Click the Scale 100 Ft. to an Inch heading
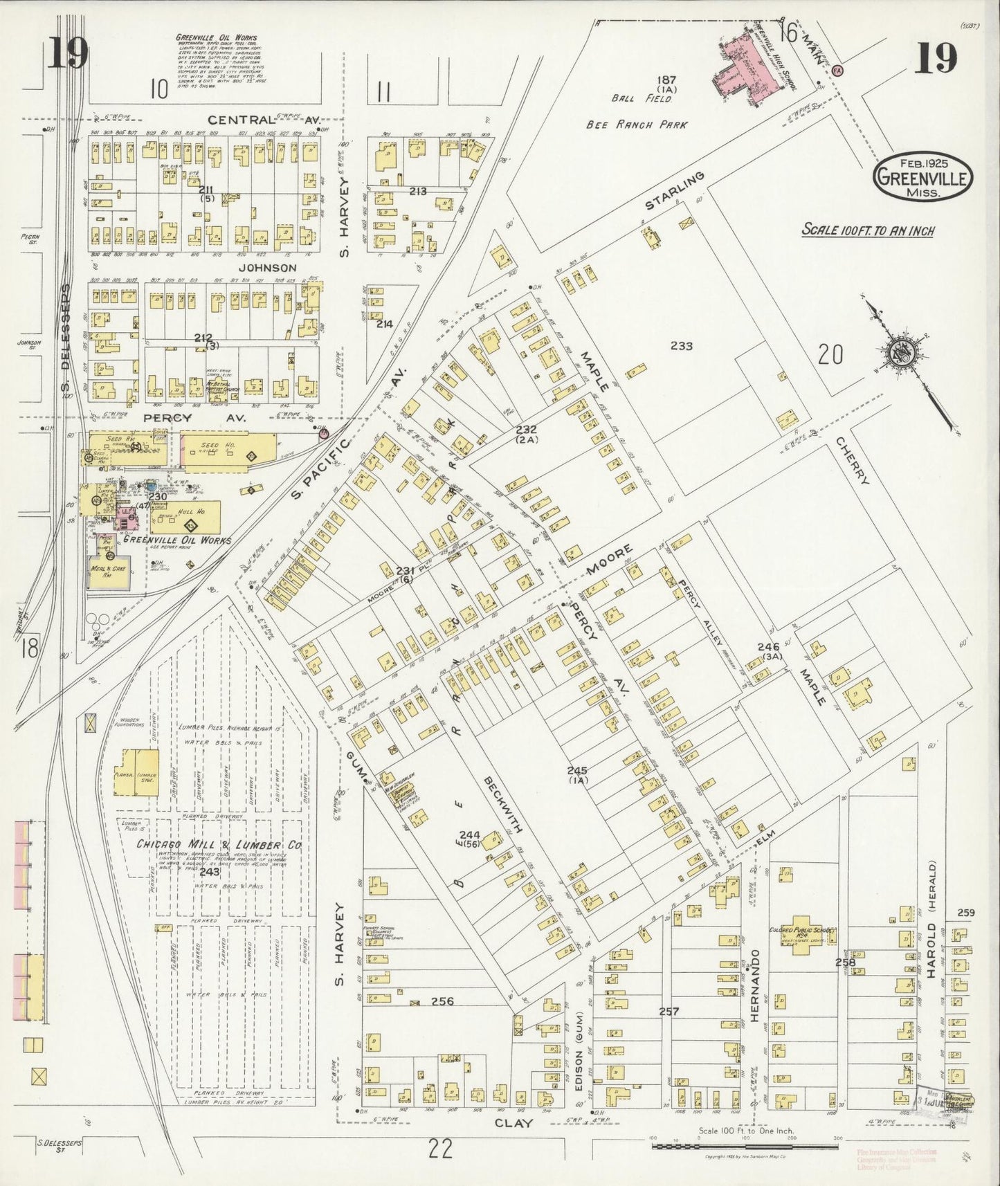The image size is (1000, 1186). (867, 230)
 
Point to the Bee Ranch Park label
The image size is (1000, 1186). (637, 125)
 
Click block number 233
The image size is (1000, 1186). (681, 346)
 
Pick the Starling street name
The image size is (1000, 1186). (674, 191)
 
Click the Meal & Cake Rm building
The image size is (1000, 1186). (109, 572)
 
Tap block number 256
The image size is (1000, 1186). (442, 1001)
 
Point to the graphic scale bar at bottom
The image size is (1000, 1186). (747, 1147)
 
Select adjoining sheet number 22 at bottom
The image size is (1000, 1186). (440, 1149)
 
